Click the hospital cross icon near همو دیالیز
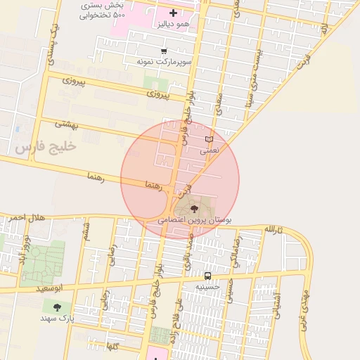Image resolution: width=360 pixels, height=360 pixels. (174, 13)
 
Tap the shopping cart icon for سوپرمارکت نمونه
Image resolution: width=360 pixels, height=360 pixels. (164, 51)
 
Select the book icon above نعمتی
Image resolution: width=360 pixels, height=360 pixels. (208, 139)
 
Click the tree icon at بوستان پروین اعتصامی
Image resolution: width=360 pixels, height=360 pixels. (195, 208)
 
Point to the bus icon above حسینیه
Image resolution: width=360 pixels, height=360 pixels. (207, 276)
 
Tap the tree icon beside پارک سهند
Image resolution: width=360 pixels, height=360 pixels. (56, 307)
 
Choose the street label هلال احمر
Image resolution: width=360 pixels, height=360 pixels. (27, 218)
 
